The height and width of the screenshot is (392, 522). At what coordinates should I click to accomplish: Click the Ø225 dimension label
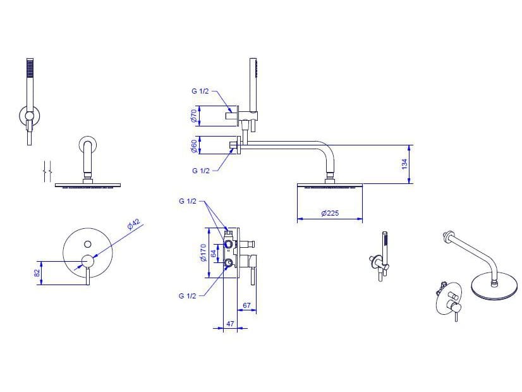tap(330, 213)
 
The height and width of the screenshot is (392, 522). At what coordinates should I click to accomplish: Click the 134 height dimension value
tap(404, 164)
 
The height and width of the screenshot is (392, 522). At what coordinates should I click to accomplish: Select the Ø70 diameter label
tap(194, 116)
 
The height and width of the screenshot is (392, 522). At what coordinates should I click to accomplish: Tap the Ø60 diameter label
tap(194, 146)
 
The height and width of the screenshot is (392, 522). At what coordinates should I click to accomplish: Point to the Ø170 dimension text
tap(203, 253)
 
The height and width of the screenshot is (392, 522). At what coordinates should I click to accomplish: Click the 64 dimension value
tap(214, 253)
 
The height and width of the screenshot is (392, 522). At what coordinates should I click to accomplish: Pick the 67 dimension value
tap(246, 305)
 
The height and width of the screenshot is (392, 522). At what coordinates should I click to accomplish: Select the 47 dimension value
tap(230, 323)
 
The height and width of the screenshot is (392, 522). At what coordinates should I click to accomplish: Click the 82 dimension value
tap(37, 273)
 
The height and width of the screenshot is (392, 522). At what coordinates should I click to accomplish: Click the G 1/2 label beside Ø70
tap(200, 91)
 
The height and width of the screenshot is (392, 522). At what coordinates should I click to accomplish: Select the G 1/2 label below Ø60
tap(201, 171)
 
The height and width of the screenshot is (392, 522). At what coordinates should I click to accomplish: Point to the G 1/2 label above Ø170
tap(188, 201)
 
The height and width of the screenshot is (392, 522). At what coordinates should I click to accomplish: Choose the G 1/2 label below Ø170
tap(188, 296)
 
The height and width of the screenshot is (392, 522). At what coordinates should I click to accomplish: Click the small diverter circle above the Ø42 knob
tap(88, 244)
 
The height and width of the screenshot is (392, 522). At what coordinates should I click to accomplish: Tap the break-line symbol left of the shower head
tap(47, 171)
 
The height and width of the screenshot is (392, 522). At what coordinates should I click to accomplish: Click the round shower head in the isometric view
tap(494, 286)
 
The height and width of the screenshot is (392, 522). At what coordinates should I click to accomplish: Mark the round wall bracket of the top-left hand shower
tap(30, 116)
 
